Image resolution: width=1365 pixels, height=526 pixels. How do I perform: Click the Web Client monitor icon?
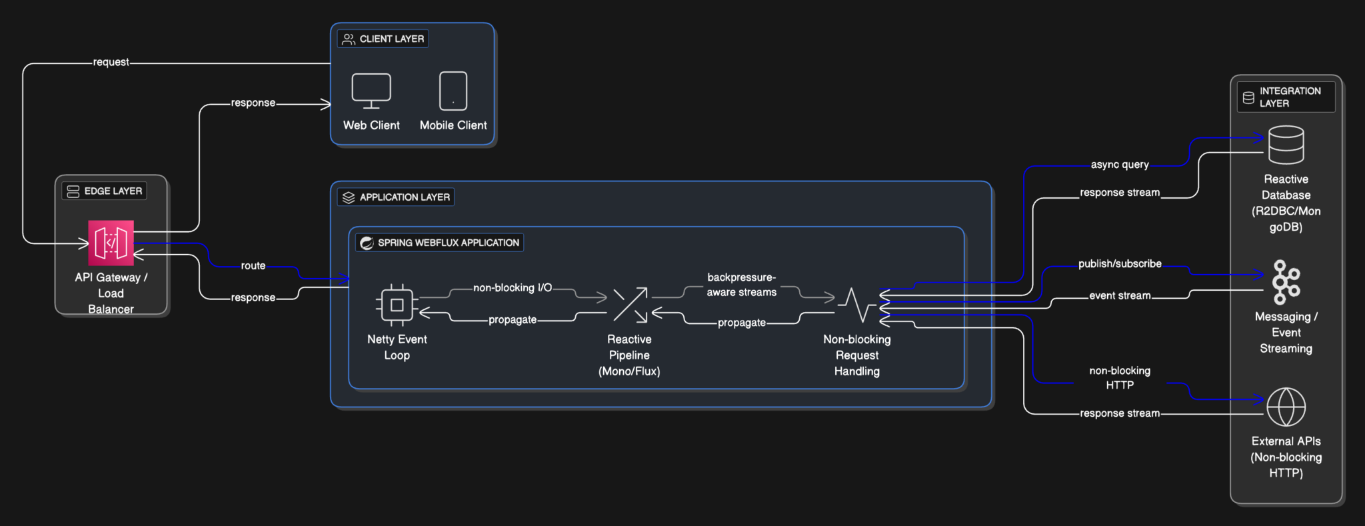pos(371,91)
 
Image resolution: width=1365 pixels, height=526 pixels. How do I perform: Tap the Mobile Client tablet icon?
pos(453,91)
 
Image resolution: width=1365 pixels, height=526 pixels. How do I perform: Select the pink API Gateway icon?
pos(111,243)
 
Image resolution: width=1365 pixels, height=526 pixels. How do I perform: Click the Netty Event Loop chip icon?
pos(397,305)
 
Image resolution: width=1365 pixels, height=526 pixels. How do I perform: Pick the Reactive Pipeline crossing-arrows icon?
pos(630,305)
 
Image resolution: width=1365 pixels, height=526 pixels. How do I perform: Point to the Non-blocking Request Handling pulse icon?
pos(856,305)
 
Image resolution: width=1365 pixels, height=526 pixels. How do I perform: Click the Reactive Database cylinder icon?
pos(1286,145)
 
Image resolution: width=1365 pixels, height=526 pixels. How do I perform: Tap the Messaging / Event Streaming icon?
pos(1286,282)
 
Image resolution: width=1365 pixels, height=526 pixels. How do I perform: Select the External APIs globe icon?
pos(1286,407)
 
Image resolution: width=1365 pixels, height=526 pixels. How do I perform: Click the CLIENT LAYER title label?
pos(391,39)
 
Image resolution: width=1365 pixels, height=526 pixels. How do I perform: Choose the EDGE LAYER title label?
pos(113,191)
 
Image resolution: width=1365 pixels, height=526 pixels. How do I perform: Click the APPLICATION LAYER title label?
pos(404,197)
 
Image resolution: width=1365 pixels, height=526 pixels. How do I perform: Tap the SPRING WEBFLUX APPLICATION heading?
pos(448,243)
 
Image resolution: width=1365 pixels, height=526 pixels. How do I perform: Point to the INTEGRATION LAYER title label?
pos(1289,97)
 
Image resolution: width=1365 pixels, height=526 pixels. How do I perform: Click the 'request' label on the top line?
pos(111,62)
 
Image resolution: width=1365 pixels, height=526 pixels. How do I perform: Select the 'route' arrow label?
pos(253,265)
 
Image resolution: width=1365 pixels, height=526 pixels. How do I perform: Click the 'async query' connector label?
pos(1119,165)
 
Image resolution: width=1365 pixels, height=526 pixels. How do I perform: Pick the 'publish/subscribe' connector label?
pos(1119,264)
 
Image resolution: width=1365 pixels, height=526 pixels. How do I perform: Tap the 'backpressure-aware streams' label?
pos(741,285)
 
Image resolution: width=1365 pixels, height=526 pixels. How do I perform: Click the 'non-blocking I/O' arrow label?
pos(512,288)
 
